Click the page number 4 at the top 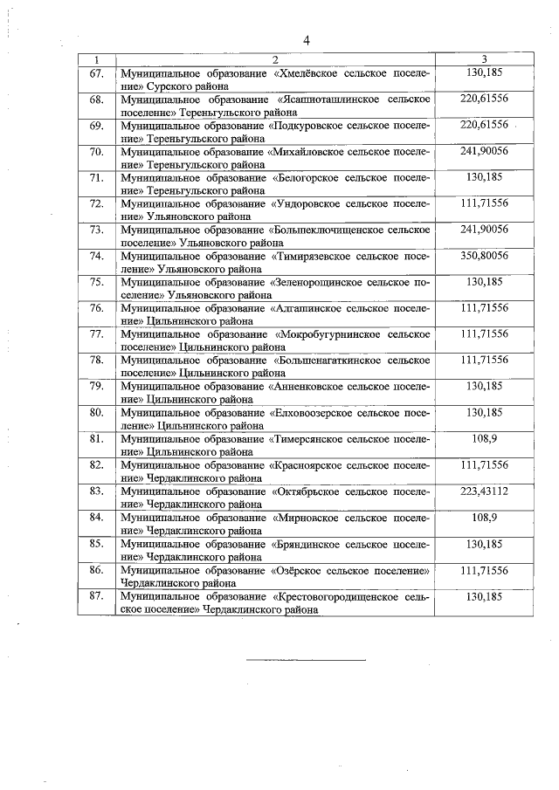pyautogui.click(x=307, y=40)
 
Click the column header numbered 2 pyautogui.click(x=274, y=59)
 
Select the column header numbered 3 pyautogui.click(x=483, y=59)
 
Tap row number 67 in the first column pyautogui.click(x=96, y=73)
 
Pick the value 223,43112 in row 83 pyautogui.click(x=483, y=491)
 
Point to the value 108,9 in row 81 pyautogui.click(x=483, y=439)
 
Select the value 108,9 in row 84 pyautogui.click(x=483, y=518)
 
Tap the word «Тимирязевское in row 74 pyautogui.click(x=314, y=257)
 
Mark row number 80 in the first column pyautogui.click(x=96, y=413)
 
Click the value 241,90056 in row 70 pyautogui.click(x=483, y=151)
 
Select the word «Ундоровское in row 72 pyautogui.click(x=308, y=204)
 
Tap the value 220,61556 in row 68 pyautogui.click(x=483, y=100)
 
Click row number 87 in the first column pyautogui.click(x=96, y=596)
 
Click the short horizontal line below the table pyautogui.click(x=306, y=660)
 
